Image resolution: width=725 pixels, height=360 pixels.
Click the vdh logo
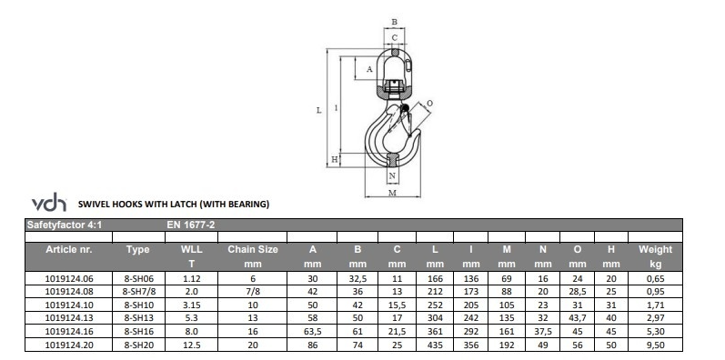49,203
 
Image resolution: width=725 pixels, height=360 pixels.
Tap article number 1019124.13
69,318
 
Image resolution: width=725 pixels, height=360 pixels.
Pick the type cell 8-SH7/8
138,292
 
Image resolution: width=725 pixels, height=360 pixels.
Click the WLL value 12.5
191,345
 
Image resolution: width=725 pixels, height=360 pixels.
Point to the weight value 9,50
655,345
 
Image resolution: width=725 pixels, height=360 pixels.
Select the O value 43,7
577,318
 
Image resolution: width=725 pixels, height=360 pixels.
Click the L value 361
435,331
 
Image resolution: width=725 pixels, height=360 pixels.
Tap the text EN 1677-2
190,225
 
